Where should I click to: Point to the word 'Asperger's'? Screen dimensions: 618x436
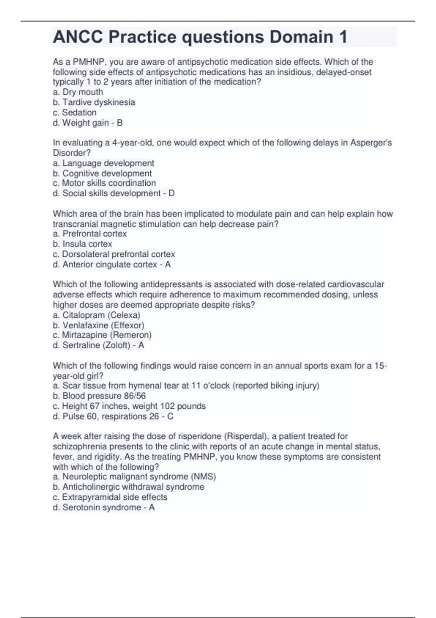coord(371,143)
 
